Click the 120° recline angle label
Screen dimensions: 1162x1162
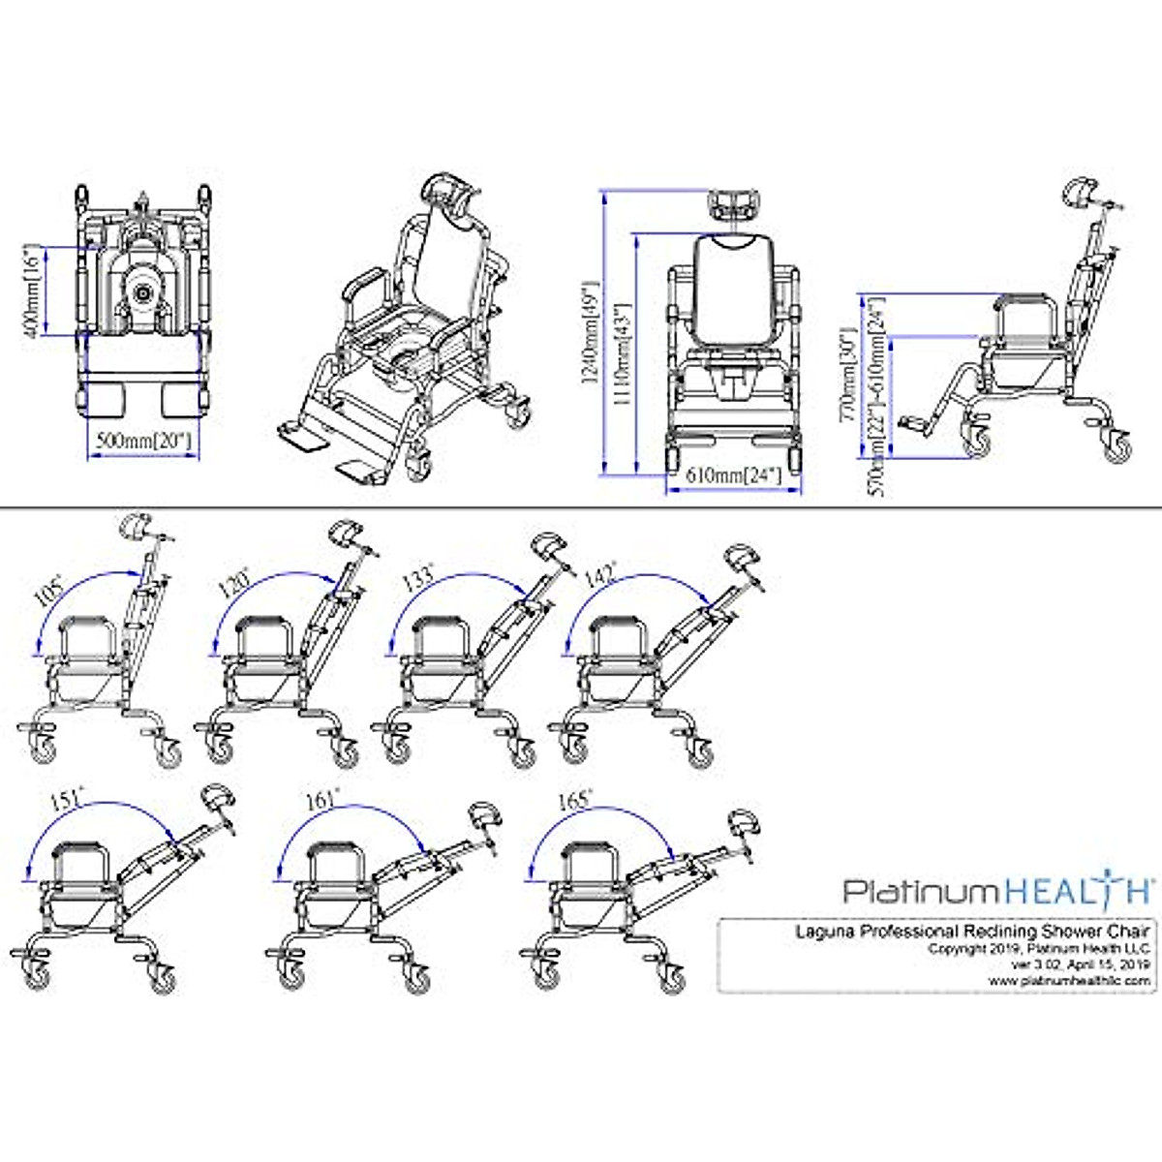[234, 583]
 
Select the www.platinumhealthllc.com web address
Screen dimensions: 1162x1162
[1070, 980]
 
